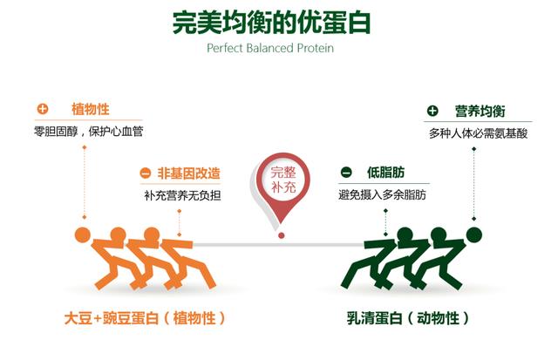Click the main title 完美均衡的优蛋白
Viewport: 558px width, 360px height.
(271, 23)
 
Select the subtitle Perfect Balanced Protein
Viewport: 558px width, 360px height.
(270, 48)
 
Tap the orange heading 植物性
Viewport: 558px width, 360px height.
(91, 109)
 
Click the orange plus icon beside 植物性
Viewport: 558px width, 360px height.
(43, 108)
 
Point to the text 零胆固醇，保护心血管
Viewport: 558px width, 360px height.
(89, 132)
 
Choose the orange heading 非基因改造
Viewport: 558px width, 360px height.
(188, 173)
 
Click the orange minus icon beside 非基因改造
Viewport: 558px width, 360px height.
(146, 173)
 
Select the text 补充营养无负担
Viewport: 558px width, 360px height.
(182, 195)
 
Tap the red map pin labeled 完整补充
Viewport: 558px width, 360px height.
(282, 185)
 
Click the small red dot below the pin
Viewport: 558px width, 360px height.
(281, 235)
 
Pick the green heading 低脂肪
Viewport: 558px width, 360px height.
(385, 173)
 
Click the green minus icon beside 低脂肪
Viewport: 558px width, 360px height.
(346, 173)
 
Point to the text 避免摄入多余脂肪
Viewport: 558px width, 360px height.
(382, 194)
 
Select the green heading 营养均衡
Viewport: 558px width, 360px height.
(480, 111)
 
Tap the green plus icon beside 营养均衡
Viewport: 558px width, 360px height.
(432, 111)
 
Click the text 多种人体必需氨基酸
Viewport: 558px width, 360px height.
(478, 133)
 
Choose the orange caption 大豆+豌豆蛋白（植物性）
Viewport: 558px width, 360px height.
(145, 317)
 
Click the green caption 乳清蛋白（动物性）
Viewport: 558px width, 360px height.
(408, 317)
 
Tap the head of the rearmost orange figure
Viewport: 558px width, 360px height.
(83, 234)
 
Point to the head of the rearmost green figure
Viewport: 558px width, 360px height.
(474, 235)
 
